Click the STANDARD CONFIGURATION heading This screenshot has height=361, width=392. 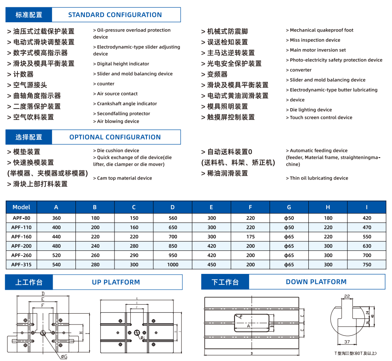(x=115, y=15)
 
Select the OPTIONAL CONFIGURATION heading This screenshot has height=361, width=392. (x=115, y=137)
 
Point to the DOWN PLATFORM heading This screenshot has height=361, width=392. (x=316, y=282)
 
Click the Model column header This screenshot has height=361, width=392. (x=21, y=207)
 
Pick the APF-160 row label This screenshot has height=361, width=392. (x=21, y=237)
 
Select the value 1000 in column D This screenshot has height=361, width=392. (x=172, y=265)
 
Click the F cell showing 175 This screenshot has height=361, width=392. (x=250, y=237)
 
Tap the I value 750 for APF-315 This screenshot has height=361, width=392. (x=366, y=265)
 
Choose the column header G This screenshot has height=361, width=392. (x=289, y=207)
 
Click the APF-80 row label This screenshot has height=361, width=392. (x=21, y=218)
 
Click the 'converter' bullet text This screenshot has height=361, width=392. (x=300, y=70)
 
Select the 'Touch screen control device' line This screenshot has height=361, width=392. (x=321, y=117)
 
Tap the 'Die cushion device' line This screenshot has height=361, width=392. (x=118, y=151)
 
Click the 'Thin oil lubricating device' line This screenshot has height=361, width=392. (x=319, y=178)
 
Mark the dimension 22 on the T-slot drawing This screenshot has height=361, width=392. (x=347, y=297)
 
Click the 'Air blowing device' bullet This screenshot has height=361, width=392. (x=118, y=122)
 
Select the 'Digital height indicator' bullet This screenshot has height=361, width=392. (x=123, y=64)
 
